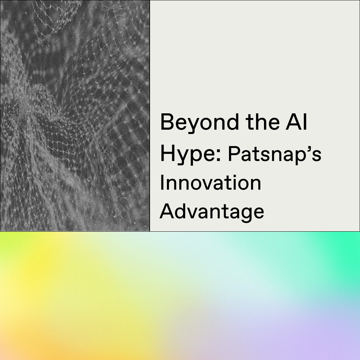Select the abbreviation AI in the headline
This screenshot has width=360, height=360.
[x=296, y=122]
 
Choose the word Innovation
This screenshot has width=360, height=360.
[x=210, y=183]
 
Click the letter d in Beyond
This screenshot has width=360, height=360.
[x=232, y=122]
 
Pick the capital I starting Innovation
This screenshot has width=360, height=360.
[x=162, y=182]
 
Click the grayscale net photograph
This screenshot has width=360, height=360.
[x=75, y=116]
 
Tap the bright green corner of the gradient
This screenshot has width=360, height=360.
[x=349, y=243]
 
